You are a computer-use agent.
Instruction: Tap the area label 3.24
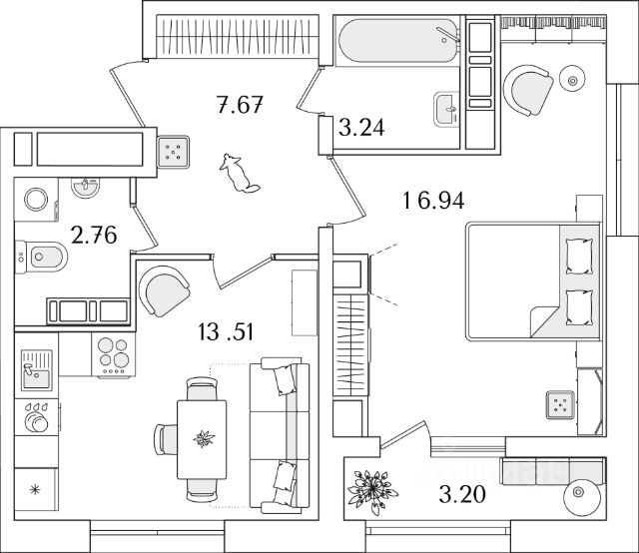coord(361,127)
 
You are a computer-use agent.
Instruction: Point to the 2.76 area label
coord(94,236)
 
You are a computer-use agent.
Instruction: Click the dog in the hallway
coord(238,173)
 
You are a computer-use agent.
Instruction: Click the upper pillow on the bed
coord(578,254)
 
